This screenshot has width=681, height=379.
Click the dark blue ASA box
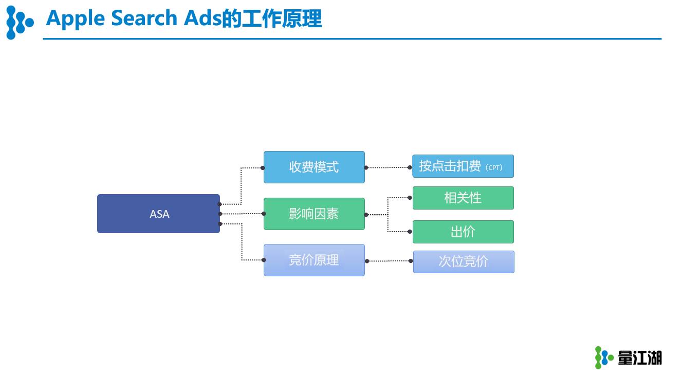click(158, 214)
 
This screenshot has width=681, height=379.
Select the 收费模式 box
click(314, 167)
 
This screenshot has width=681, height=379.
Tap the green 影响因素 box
click(314, 214)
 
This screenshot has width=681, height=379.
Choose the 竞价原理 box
click(314, 260)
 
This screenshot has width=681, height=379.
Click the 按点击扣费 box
click(463, 166)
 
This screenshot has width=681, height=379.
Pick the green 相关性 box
click(463, 198)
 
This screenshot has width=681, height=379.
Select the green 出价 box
click(463, 232)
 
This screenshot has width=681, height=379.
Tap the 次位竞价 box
click(464, 262)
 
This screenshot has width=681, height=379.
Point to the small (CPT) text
click(494, 167)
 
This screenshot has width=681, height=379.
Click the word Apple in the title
click(76, 19)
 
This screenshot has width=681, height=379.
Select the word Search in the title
click(144, 18)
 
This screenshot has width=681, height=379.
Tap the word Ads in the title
click(203, 18)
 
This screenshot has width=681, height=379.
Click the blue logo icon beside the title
click(20, 23)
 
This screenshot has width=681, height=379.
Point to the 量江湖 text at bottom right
click(640, 358)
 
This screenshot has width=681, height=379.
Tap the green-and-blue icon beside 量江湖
click(604, 357)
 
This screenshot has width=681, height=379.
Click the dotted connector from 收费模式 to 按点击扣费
click(388, 167)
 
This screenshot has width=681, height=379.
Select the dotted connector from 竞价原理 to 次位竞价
click(389, 261)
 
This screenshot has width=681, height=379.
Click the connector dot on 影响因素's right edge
click(366, 215)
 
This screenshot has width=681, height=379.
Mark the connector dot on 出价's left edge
click(410, 232)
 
